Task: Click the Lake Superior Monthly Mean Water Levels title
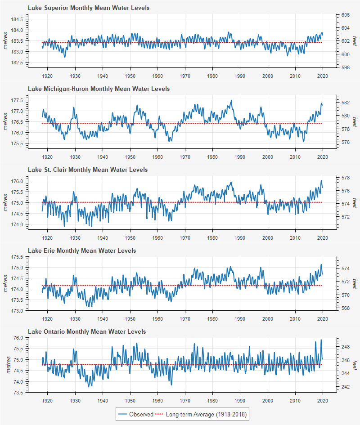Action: click(89, 8)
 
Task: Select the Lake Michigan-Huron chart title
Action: click(99, 89)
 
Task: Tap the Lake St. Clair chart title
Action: click(87, 170)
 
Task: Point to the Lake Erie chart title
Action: click(81, 251)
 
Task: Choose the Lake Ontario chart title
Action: click(86, 331)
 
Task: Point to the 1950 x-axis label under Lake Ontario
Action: click(130, 401)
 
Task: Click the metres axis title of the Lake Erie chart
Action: click(6, 283)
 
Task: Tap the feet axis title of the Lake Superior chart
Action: click(355, 41)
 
